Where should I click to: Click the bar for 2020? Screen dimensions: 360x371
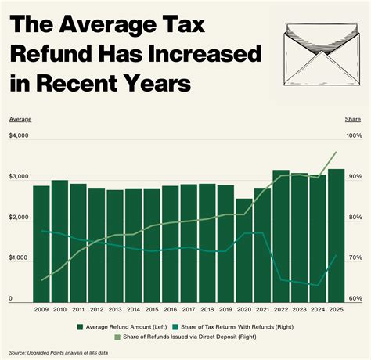click(244, 250)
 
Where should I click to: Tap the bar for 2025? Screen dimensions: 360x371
click(336, 236)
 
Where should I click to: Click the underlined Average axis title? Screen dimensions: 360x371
click(20, 119)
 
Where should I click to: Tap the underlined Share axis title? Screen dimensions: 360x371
click(352, 119)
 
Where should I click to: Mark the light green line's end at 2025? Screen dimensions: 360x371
click(336, 153)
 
